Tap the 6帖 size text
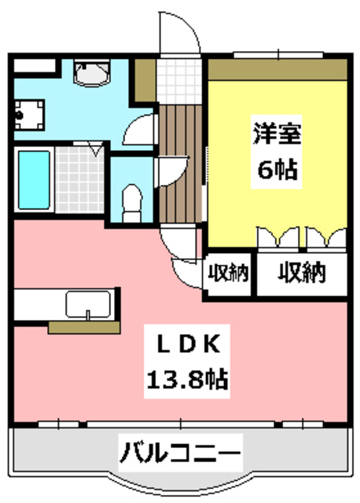[275, 169]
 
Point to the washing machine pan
[32, 114]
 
